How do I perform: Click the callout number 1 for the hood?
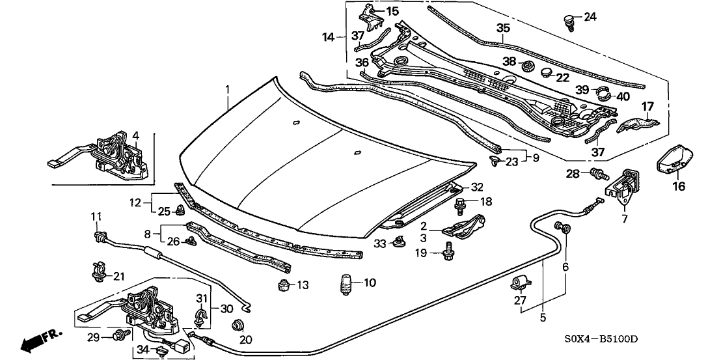(228, 89)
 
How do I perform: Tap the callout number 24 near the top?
(590, 17)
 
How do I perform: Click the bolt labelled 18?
(458, 205)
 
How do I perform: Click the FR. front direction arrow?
(39, 340)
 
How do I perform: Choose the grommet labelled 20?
(238, 325)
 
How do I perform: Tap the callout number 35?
(503, 28)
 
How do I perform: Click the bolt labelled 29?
(119, 336)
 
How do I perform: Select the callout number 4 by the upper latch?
(135, 135)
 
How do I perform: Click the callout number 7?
(625, 219)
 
